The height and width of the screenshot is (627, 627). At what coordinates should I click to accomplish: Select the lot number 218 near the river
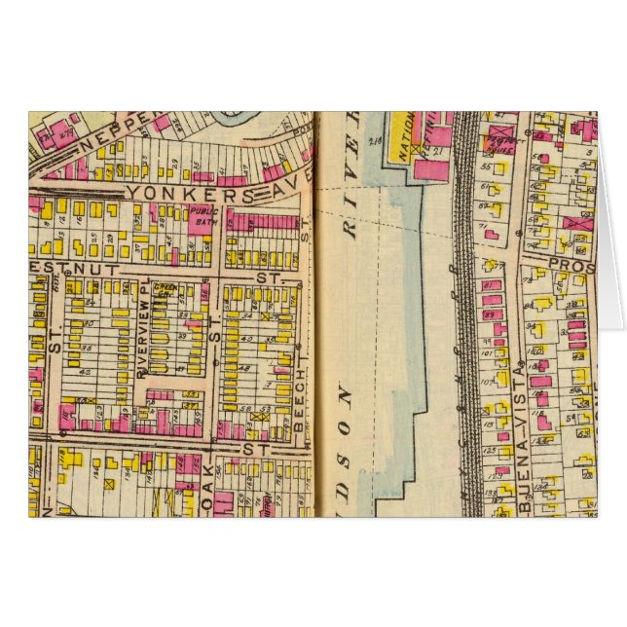tap(375, 144)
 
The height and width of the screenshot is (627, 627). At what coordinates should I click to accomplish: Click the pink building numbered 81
tap(491, 285)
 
